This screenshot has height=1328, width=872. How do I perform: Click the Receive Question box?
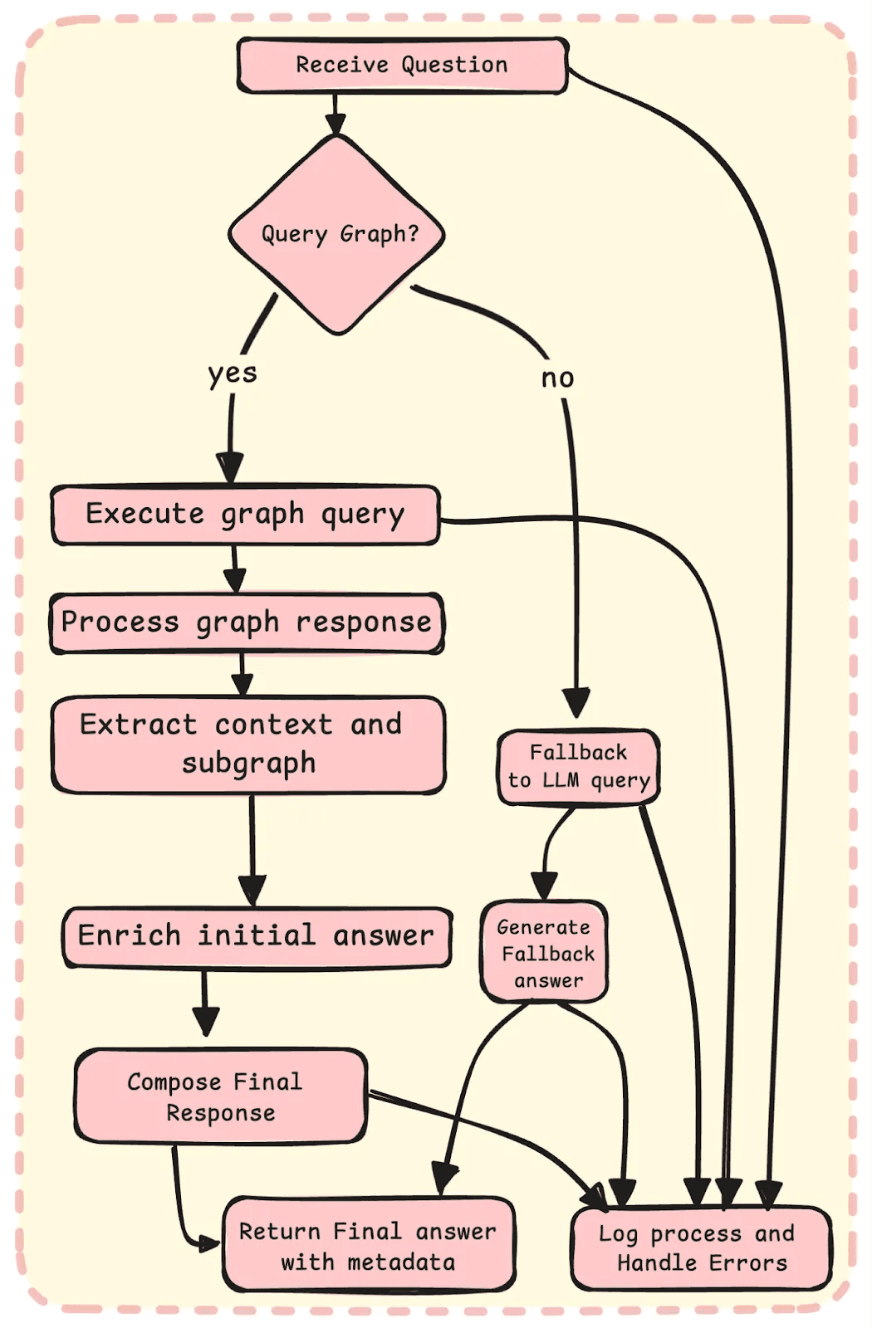pyautogui.click(x=403, y=65)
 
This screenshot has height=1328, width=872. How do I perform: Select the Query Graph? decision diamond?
pyautogui.click(x=337, y=234)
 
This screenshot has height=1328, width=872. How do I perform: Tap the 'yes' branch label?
pyautogui.click(x=233, y=373)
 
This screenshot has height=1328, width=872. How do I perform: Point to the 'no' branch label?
pyautogui.click(x=557, y=378)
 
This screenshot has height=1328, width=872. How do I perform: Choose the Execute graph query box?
pyautogui.click(x=245, y=515)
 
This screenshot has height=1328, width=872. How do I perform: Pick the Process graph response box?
pyautogui.click(x=247, y=623)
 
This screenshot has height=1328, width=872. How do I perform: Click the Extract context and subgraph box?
pyautogui.click(x=248, y=745)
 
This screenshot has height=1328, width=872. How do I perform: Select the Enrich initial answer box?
pyautogui.click(x=257, y=937)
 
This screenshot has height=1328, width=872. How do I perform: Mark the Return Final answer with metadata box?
pyautogui.click(x=368, y=1245)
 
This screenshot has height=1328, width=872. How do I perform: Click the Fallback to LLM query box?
pyautogui.click(x=579, y=767)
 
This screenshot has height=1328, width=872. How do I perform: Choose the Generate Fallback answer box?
pyautogui.click(x=545, y=952)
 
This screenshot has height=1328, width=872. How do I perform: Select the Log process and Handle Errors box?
pyautogui.click(x=702, y=1248)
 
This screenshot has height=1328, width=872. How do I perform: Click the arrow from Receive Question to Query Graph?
pyautogui.click(x=335, y=114)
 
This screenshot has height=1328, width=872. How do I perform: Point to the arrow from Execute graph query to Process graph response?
pyautogui.click(x=235, y=569)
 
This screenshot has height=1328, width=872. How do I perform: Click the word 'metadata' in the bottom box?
pyautogui.click(x=401, y=1262)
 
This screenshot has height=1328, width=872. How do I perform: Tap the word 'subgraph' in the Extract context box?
pyautogui.click(x=249, y=763)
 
